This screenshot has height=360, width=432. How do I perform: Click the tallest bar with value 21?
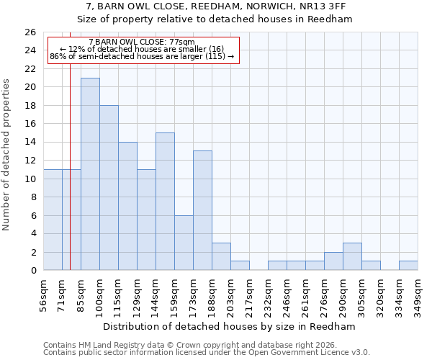[x=90, y=174]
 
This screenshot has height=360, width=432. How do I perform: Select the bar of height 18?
[x=109, y=188]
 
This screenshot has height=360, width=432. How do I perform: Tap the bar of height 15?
[x=165, y=202]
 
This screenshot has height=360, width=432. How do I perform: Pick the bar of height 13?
[x=202, y=210]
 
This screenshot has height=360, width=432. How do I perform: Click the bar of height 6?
[x=184, y=243]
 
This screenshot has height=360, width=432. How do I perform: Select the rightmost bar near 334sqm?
[x=408, y=266]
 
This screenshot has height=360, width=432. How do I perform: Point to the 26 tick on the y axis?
[x=30, y=32]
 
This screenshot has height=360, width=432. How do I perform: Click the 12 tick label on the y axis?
[x=30, y=161]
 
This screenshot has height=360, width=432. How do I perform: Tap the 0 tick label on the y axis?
[x=32, y=271]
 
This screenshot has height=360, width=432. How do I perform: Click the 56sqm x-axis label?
[x=44, y=295]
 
